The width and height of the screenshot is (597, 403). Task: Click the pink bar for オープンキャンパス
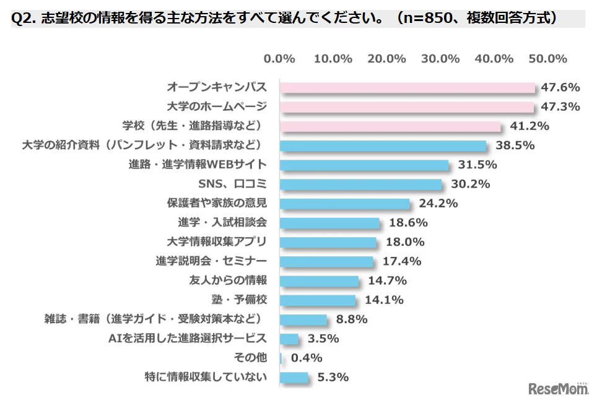[407, 87]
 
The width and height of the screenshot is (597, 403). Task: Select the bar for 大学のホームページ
[406, 106]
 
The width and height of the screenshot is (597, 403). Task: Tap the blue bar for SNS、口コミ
[360, 184]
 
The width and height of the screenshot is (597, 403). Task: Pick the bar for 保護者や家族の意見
[344, 203]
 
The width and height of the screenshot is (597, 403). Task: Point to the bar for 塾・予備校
[318, 300]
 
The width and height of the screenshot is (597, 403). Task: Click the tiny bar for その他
[281, 358]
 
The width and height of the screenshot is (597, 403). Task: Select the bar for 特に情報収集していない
[294, 377]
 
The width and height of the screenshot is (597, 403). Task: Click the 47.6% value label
[560, 87]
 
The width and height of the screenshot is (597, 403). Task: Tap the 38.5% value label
[514, 145]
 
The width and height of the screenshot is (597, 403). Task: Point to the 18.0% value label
[404, 242]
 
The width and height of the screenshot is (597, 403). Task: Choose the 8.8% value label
[351, 319]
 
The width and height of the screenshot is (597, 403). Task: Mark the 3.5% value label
[323, 339]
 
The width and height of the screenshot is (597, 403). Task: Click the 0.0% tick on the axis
[279, 59]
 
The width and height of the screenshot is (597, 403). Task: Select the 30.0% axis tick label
[440, 59]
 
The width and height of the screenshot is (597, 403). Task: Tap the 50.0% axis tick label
[547, 59]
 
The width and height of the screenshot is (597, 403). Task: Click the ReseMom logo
[557, 388]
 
